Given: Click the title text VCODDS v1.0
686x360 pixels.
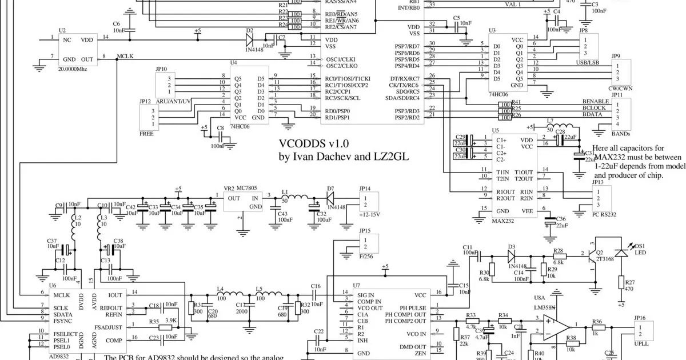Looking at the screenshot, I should [x=313, y=143].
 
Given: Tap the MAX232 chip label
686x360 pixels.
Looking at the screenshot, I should [x=504, y=220].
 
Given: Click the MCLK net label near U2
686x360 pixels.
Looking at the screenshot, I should [x=125, y=55].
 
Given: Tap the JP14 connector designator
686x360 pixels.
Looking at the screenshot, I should [x=365, y=188].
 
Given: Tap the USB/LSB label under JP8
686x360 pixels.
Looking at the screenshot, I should [x=587, y=62].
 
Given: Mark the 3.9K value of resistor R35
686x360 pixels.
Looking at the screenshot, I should [x=170, y=321].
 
